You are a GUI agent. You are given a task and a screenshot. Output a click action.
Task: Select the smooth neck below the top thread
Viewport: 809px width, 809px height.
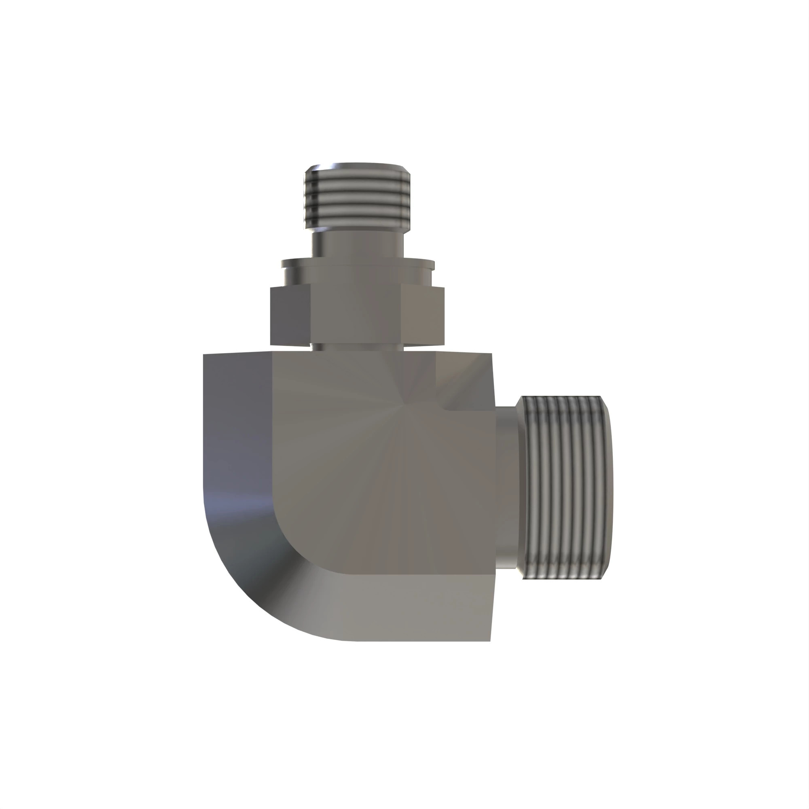(357, 245)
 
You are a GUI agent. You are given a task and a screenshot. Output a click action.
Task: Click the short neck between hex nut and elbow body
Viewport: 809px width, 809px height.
(357, 347)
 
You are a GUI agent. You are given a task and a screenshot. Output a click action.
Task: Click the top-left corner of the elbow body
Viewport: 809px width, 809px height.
(204, 355)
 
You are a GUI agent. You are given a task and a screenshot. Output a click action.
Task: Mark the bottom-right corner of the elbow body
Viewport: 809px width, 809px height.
(490, 640)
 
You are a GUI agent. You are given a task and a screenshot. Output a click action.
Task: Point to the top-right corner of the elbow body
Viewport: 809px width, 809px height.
(491, 354)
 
